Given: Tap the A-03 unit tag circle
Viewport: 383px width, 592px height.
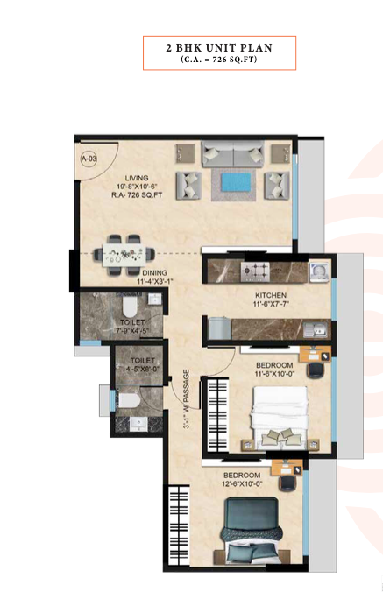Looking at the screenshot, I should [x=89, y=159].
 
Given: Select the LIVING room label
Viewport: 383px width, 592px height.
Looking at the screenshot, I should [x=136, y=177].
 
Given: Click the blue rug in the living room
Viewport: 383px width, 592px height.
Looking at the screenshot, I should [x=232, y=182].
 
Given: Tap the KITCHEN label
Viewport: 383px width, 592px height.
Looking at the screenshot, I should [x=270, y=294].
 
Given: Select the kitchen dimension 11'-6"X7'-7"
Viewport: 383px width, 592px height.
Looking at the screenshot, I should [x=270, y=304].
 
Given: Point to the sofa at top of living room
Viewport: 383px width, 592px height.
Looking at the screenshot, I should [x=232, y=153].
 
